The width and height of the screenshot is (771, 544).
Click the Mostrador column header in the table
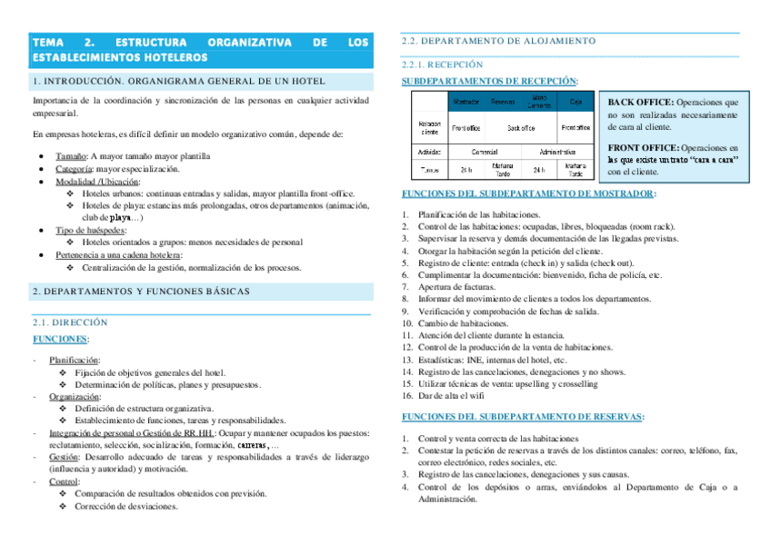coord(466,102)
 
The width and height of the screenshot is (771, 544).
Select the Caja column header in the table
coord(576,102)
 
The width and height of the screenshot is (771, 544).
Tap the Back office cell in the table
coord(521,128)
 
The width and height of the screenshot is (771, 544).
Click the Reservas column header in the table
coord(503,102)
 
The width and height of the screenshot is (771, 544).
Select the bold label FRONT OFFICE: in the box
coord(643,147)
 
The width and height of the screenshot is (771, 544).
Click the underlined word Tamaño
coord(71,156)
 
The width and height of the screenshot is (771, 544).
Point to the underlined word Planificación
coord(75,361)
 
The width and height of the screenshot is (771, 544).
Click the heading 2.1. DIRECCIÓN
coord(69,322)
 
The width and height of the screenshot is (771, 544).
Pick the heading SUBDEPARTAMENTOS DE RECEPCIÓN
coord(488,81)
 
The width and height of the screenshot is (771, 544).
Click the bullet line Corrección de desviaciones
coord(126,507)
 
